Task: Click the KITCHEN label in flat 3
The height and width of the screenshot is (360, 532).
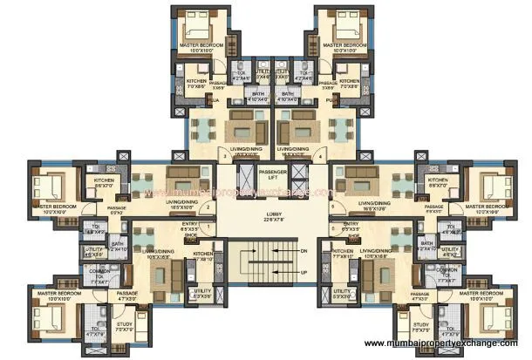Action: tap(196, 82)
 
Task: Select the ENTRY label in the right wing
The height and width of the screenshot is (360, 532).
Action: tap(351, 224)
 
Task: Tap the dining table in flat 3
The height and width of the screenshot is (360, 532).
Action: tap(205, 129)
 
